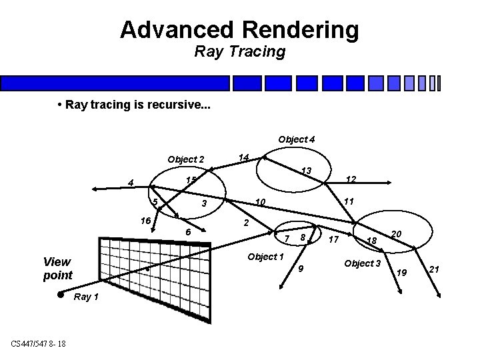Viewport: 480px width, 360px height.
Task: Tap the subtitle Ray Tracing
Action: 239,51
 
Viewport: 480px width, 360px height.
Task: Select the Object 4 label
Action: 297,139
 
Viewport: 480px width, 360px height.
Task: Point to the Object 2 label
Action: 186,159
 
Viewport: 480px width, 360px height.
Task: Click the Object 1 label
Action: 265,257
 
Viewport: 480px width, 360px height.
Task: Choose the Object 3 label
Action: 362,263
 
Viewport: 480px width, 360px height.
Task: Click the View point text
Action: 57,268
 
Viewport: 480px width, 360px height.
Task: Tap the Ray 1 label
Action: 87,297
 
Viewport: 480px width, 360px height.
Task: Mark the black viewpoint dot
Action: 60,294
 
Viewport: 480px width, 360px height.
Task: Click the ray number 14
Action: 244,157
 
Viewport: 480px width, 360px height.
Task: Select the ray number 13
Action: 307,171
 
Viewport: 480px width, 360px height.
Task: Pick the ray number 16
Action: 144,219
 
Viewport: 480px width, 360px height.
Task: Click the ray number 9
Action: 301,269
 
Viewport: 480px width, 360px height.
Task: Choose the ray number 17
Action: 335,239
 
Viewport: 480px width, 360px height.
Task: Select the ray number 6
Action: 189,231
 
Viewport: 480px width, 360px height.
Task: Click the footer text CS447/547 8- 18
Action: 37,343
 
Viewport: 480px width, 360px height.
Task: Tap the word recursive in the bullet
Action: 175,106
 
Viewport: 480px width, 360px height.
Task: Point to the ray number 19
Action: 401,272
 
